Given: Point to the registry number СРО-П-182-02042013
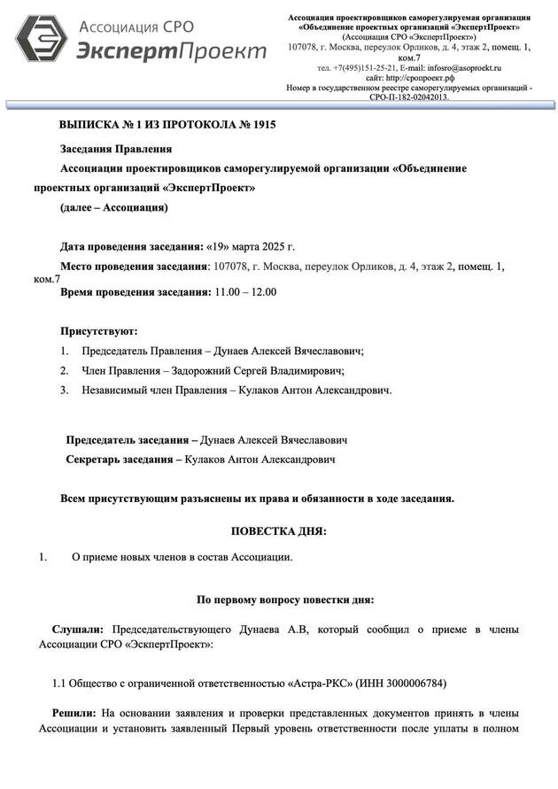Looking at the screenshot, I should [x=409, y=97].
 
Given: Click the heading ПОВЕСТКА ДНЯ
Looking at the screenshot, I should [x=279, y=531].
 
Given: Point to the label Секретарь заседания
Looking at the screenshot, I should [x=120, y=460].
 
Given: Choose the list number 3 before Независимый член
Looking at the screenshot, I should [x=65, y=390].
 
